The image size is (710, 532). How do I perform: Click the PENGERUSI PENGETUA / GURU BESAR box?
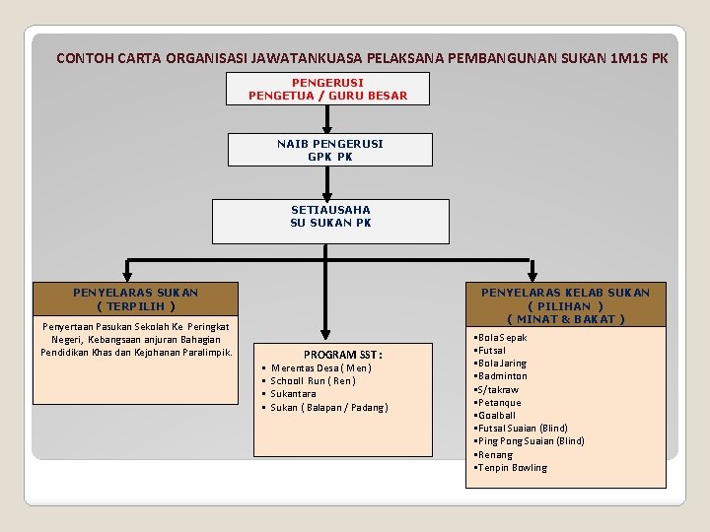click(x=327, y=89)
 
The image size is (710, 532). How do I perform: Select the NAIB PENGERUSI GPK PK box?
click(x=329, y=150)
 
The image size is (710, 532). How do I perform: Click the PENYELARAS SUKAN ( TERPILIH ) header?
click(x=135, y=299)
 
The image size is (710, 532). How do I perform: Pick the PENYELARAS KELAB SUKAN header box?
click(x=565, y=305)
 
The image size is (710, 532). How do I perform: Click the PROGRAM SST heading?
click(x=343, y=355)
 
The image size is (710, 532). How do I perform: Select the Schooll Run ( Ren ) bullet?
click(x=313, y=381)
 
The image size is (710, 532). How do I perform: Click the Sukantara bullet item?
click(x=293, y=394)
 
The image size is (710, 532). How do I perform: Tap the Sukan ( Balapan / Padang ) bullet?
click(x=329, y=407)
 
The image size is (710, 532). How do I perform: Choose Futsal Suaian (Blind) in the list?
click(x=523, y=429)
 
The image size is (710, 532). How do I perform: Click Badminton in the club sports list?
click(x=502, y=376)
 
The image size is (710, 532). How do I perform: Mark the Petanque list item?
click(x=500, y=403)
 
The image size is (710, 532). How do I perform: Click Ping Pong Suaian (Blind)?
click(x=531, y=441)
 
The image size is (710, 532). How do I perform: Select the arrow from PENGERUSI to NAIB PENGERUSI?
click(x=327, y=118)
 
